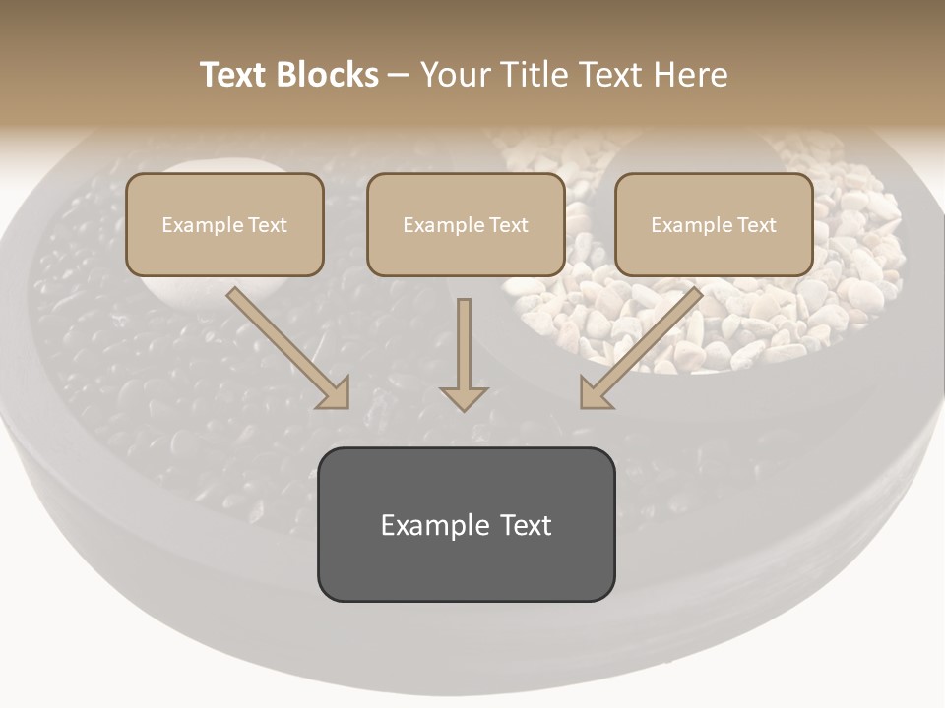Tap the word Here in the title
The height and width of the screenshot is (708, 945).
pos(692,75)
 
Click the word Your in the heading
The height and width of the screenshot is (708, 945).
pos(453,75)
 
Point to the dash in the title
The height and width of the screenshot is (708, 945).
pos(399,76)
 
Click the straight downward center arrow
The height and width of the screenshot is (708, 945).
pos(464,354)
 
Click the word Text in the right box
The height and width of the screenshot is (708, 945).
pos(756,225)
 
